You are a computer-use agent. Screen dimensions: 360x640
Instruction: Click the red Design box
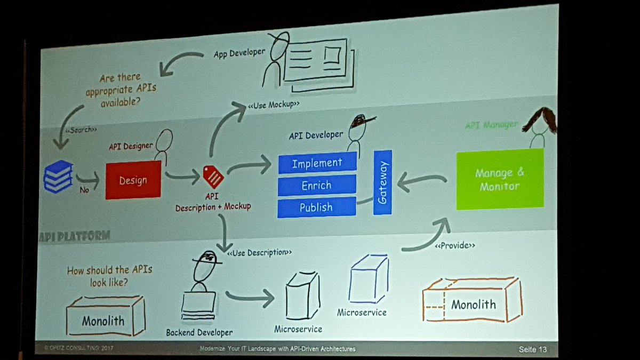[x=133, y=180]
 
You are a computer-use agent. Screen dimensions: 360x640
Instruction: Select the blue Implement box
[x=317, y=163]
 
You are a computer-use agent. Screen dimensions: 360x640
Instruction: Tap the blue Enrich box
[x=317, y=185]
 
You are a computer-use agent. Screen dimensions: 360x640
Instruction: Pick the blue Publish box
[x=316, y=207]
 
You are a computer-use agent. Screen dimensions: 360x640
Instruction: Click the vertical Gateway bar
[x=382, y=182]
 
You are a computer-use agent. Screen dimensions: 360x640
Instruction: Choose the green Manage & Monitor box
[x=500, y=179]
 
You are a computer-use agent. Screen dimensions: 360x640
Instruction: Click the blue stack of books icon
[x=58, y=176]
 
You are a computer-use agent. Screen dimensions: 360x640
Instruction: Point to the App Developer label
[x=239, y=54]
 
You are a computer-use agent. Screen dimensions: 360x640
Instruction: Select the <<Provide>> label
[x=454, y=246]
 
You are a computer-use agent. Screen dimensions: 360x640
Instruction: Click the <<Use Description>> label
[x=259, y=251]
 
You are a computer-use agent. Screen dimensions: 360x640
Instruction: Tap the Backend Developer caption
[x=199, y=332]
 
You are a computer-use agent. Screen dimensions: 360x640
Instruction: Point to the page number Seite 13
[x=533, y=350]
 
